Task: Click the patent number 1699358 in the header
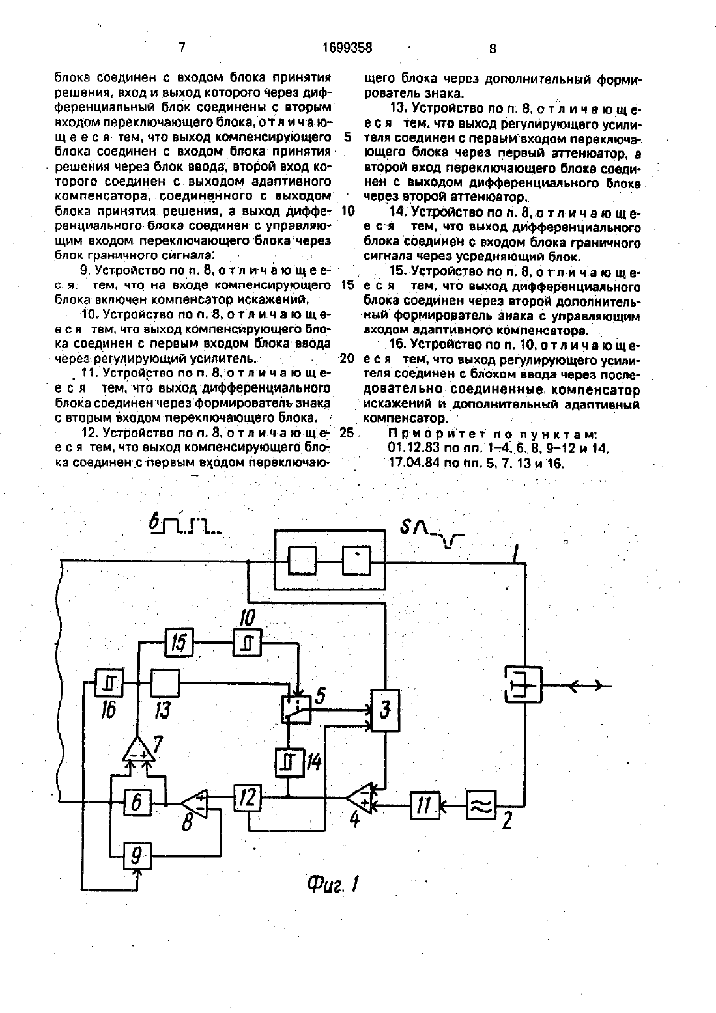tap(348, 47)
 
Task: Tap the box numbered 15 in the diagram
tap(179, 642)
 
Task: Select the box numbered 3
tap(385, 710)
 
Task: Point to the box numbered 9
tap(137, 856)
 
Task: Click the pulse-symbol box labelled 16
tap(109, 683)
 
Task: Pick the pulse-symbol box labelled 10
tap(248, 643)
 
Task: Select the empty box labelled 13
tap(165, 683)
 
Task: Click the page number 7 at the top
tap(182, 48)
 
